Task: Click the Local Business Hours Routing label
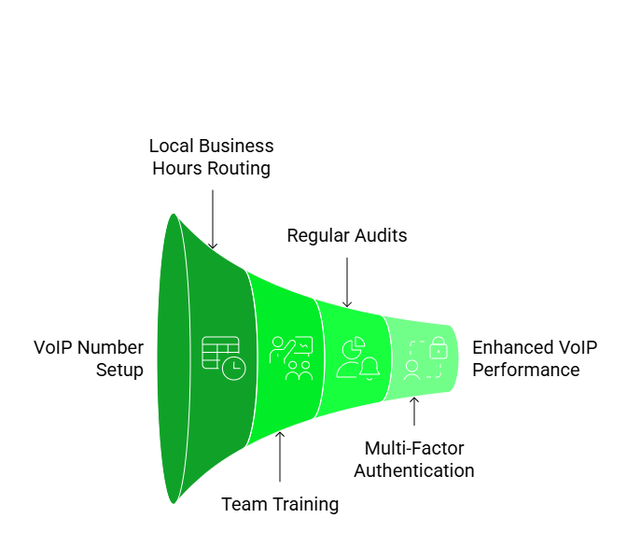(x=212, y=158)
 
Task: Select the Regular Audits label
(x=346, y=235)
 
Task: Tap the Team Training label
(x=280, y=505)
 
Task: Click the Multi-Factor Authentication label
(x=413, y=459)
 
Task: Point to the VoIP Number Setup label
(x=89, y=358)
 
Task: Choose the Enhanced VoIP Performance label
(x=534, y=358)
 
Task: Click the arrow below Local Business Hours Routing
(x=213, y=219)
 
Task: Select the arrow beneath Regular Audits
(x=347, y=282)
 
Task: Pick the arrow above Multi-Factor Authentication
(x=414, y=412)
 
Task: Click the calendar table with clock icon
(x=224, y=357)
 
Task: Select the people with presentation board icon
(x=290, y=358)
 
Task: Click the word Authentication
(x=413, y=470)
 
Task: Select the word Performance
(x=526, y=370)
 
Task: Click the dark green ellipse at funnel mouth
(x=172, y=358)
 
